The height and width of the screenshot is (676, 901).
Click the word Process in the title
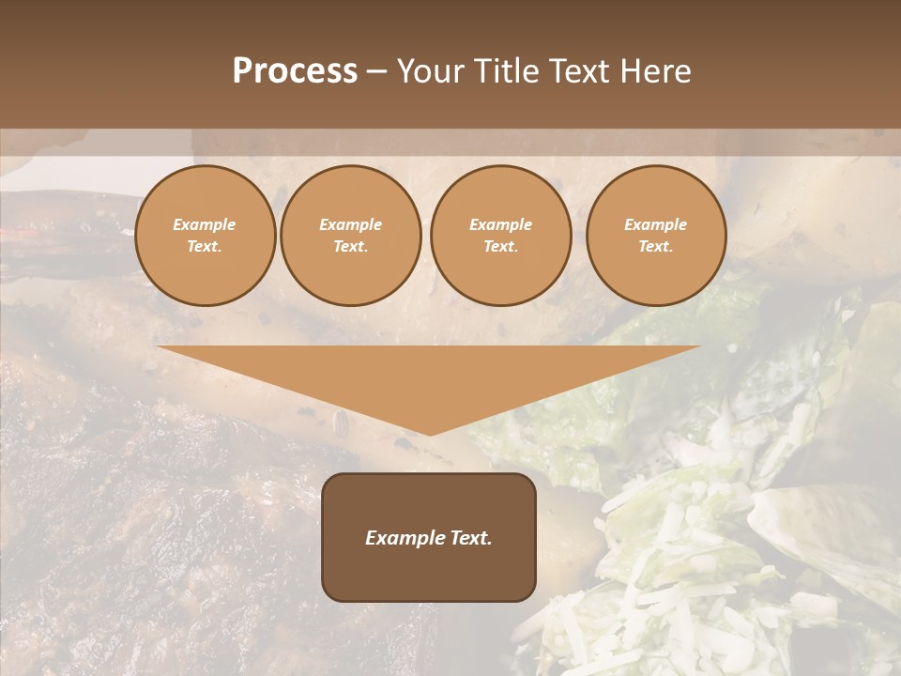[295, 71]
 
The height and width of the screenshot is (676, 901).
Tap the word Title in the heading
[507, 71]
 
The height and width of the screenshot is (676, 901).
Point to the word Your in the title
[434, 71]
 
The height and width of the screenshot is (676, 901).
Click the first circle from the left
[206, 236]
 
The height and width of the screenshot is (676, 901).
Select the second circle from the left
[351, 236]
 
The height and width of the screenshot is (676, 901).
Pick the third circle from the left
[501, 236]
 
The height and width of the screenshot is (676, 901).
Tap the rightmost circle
[656, 236]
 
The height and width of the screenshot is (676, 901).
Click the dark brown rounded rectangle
[429, 537]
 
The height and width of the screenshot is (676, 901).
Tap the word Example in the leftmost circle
[205, 224]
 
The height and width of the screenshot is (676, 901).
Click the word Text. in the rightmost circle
[656, 247]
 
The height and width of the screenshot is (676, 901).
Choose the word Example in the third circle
[501, 224]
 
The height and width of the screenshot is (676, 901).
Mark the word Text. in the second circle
[351, 247]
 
